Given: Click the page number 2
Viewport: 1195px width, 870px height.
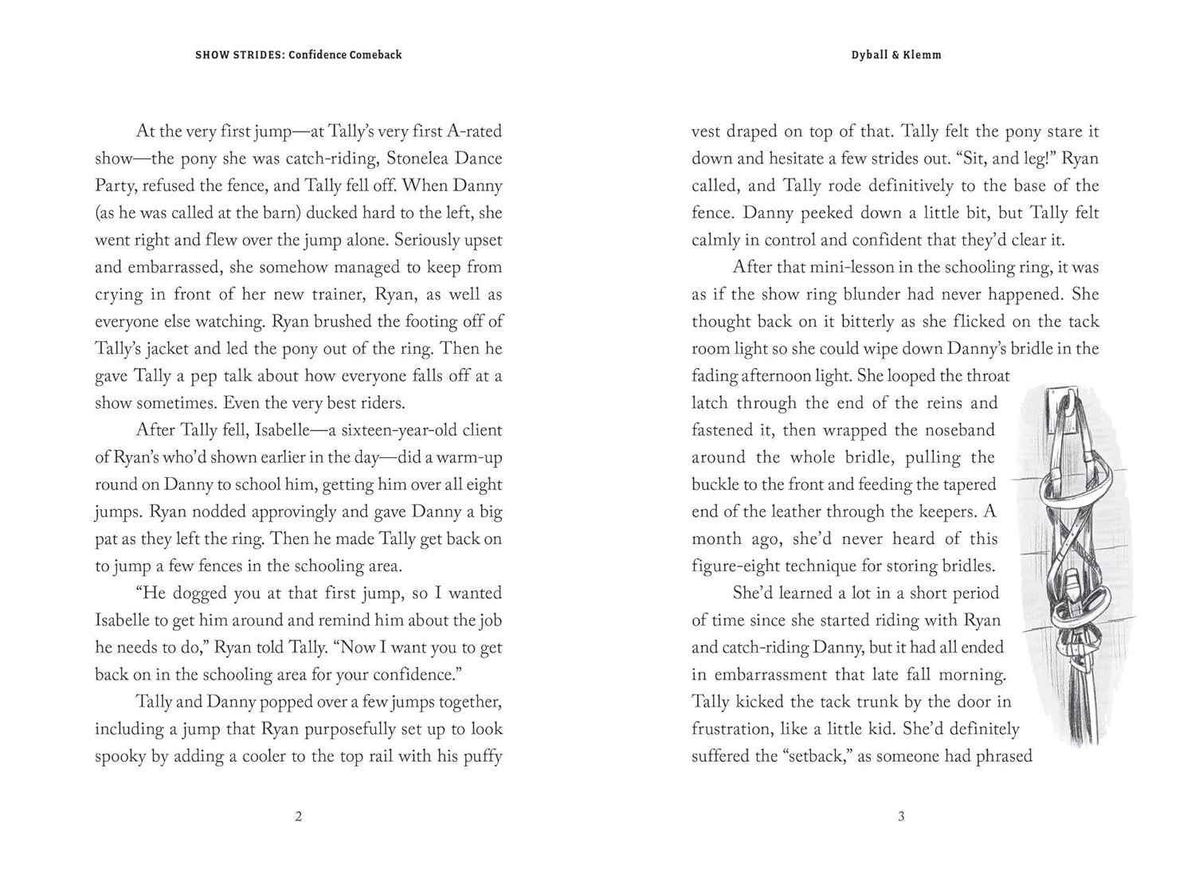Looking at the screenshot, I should pyautogui.click(x=299, y=817).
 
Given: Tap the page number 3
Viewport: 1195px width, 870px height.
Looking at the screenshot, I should pyautogui.click(x=901, y=817).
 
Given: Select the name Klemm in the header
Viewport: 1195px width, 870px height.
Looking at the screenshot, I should pyautogui.click(x=923, y=55).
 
